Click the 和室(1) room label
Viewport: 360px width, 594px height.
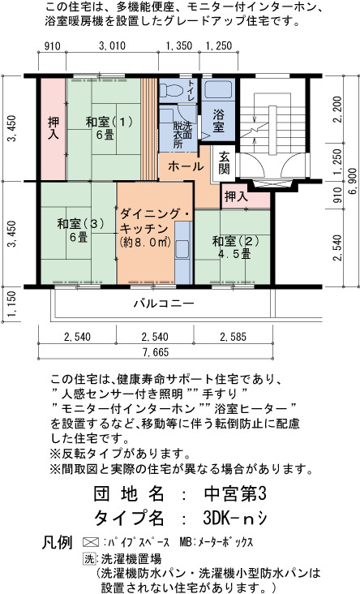click(109, 128)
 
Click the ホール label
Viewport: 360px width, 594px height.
click(186, 166)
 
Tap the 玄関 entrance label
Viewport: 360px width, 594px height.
click(224, 163)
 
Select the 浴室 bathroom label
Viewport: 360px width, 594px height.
click(217, 120)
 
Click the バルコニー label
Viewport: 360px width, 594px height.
click(164, 303)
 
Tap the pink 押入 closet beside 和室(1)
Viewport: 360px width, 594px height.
click(54, 129)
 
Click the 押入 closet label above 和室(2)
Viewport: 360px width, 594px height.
click(236, 196)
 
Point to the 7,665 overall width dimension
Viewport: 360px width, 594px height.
click(156, 352)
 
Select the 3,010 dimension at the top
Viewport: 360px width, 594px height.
click(112, 45)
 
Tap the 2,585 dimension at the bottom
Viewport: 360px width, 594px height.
click(233, 337)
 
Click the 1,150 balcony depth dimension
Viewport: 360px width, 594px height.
click(12, 303)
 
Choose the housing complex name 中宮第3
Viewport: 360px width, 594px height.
click(235, 493)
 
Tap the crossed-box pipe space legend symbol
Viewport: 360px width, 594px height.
click(91, 542)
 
